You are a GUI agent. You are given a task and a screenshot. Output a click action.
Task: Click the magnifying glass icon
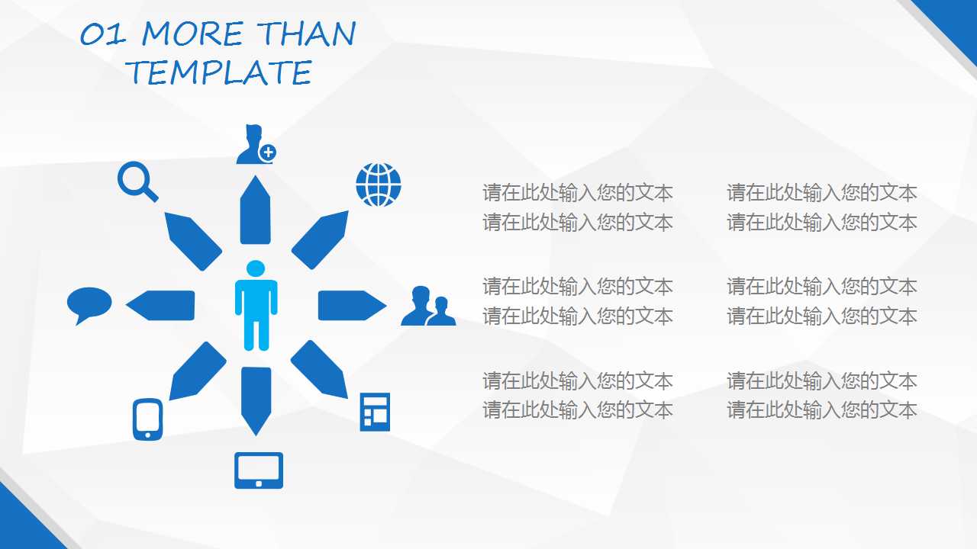coord(137,181)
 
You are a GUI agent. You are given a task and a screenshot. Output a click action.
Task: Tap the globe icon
coord(378,185)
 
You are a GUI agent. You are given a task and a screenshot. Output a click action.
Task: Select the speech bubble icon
coord(89,303)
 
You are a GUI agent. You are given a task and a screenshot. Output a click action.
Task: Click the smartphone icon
coord(147,419)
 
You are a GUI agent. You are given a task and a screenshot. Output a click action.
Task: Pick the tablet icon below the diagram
coord(258,470)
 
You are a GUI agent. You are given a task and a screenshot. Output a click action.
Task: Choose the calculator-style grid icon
coord(375,412)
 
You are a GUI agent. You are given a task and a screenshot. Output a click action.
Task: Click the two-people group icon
coord(427,307)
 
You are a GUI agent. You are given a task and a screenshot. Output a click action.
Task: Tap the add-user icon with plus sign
coord(255,144)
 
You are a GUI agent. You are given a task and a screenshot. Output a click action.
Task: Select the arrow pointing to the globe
coord(321,239)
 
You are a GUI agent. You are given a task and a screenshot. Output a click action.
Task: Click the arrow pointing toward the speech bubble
coord(160,305)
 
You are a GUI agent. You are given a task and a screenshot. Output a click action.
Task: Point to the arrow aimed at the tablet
coord(256,399)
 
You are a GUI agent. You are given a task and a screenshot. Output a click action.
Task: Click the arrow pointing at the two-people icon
coord(350,305)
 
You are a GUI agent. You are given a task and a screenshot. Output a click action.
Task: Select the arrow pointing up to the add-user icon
coord(256,211)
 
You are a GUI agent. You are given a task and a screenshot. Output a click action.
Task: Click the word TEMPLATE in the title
coord(219,72)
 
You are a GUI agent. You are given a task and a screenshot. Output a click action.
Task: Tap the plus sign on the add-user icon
coord(267,152)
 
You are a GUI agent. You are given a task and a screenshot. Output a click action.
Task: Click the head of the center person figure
coord(256,268)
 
